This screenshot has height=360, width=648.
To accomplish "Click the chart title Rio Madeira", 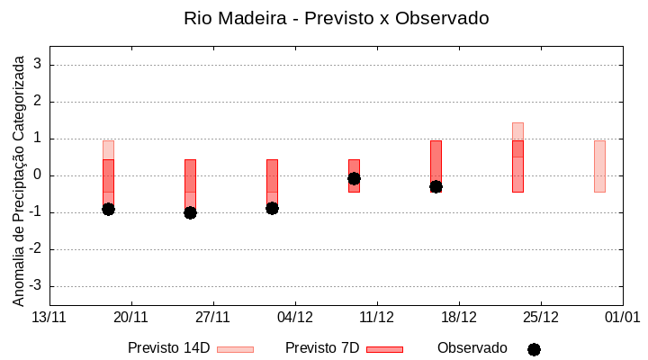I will (336, 18).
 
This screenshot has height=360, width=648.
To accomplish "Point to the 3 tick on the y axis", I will (39, 65).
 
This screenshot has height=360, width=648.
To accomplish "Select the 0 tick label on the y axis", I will (39, 175).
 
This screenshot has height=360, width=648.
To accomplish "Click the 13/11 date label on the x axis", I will (49, 317).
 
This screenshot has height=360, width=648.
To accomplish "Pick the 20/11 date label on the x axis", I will (131, 317).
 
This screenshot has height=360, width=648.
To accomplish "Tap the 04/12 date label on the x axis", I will (295, 317).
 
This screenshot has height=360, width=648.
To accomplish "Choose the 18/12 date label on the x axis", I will (459, 317).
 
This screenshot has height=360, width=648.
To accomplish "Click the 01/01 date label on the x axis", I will (622, 317).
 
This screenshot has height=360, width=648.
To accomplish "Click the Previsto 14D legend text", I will (168, 348).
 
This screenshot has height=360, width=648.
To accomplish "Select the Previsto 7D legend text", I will (322, 348).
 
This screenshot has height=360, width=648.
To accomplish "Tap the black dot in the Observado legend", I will (534, 349).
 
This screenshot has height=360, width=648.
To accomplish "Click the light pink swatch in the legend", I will (235, 349).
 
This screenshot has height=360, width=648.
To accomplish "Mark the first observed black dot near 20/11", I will (108, 209).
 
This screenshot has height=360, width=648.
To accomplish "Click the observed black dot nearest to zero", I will (354, 178).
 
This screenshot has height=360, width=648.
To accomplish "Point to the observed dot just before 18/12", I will (436, 186).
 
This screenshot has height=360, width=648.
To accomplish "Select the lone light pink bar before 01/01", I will (599, 166).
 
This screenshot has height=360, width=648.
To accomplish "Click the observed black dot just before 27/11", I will (190, 212).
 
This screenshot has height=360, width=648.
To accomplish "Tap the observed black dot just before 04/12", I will (272, 208).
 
